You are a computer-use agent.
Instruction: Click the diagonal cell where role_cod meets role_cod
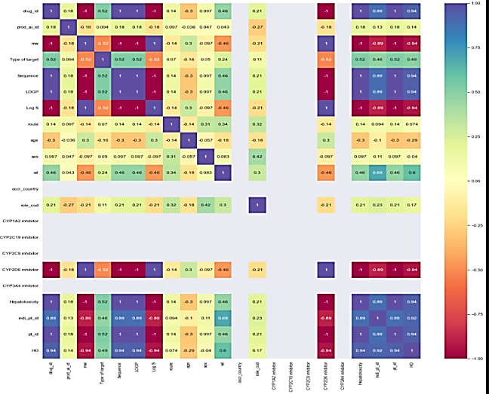(x=257, y=205)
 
